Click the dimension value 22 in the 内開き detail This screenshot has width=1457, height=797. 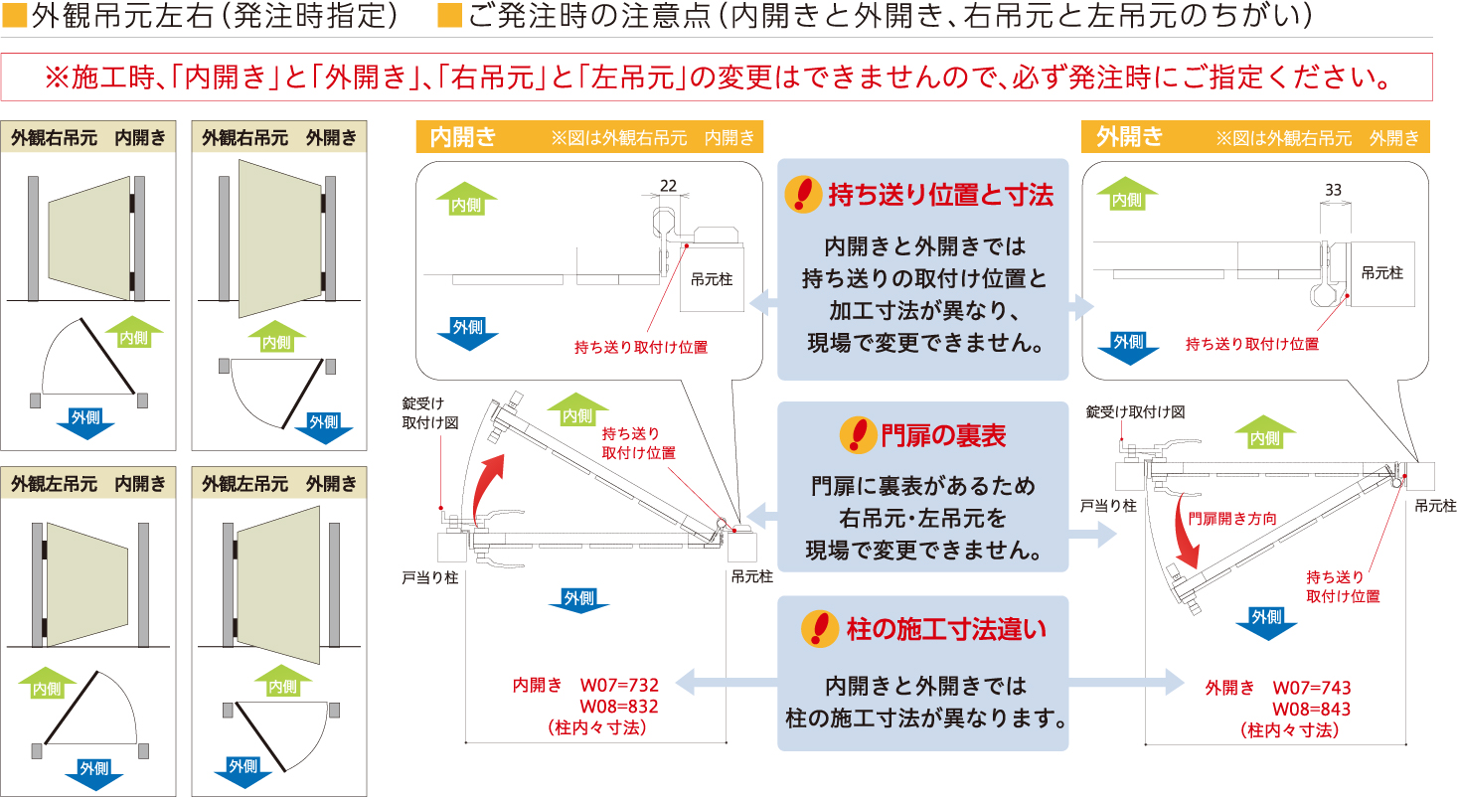tap(668, 186)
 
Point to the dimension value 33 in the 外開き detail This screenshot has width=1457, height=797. tap(1333, 190)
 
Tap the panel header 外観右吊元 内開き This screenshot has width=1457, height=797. tap(88, 138)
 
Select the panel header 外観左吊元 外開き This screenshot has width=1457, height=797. tap(279, 483)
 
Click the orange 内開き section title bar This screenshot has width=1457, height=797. tap(589, 136)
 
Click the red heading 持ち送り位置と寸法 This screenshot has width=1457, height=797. tap(940, 195)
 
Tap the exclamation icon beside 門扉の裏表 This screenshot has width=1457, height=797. tap(858, 435)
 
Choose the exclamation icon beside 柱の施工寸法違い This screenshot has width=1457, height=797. tap(820, 629)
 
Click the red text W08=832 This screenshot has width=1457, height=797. tap(618, 707)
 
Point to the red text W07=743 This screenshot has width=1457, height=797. tap(1311, 688)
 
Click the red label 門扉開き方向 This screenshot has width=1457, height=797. tap(1232, 519)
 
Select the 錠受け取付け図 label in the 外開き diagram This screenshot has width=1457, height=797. tap(1135, 411)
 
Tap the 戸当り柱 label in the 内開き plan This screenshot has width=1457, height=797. tap(430, 577)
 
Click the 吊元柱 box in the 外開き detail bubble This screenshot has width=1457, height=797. tap(1382, 274)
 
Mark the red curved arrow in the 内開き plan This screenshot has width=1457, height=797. tap(487, 489)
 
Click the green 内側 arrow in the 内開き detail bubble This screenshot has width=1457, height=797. tap(466, 199)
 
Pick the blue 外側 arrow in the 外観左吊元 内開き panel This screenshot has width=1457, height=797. tap(94, 773)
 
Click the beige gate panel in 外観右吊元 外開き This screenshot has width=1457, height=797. tap(280, 239)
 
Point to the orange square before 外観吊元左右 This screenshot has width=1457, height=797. tap(14, 15)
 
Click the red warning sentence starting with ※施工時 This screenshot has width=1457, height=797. tap(717, 78)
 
